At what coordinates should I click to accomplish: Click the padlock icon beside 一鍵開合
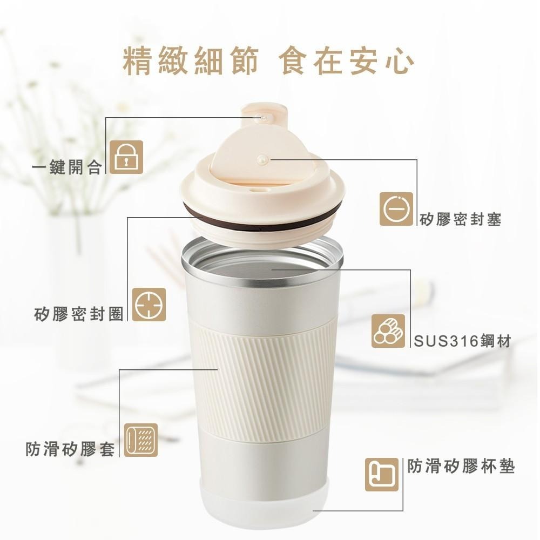[126, 157]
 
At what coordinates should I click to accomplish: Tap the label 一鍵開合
[67, 168]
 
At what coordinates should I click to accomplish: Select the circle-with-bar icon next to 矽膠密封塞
[396, 209]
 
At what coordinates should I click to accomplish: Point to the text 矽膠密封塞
[460, 219]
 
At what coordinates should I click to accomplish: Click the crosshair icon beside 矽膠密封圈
[149, 305]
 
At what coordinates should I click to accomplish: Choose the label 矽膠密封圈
[78, 314]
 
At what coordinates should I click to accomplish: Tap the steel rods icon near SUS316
[388, 330]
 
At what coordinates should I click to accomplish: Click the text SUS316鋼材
[462, 341]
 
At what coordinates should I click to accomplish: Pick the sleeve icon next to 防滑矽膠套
[141, 440]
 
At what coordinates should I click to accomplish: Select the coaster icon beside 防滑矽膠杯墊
[382, 475]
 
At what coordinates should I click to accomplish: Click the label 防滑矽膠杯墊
[461, 467]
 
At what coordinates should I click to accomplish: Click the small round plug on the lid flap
[262, 159]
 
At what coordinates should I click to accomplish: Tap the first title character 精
[138, 62]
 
